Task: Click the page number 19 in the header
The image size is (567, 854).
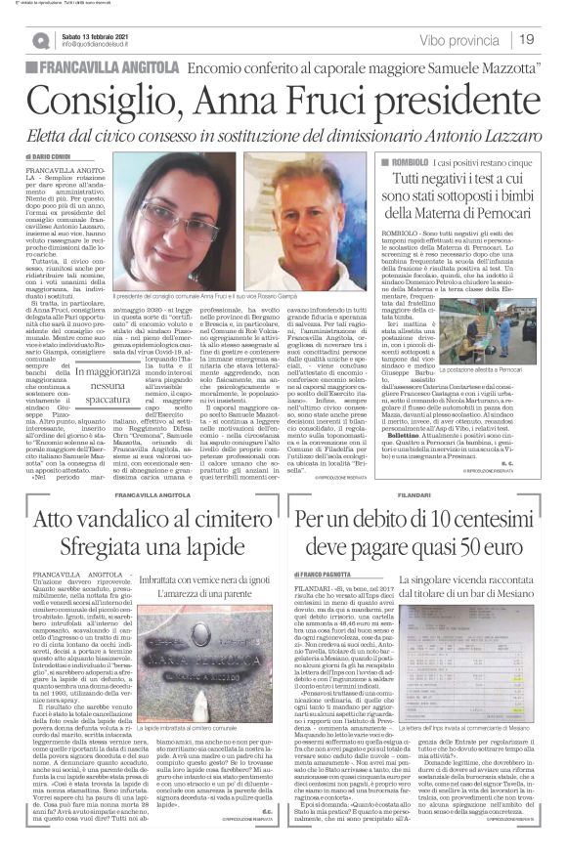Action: point(526,38)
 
